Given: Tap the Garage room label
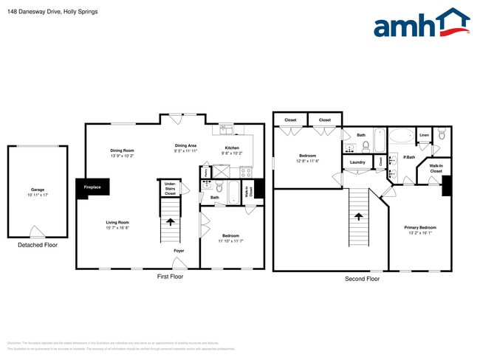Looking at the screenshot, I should click(37, 190).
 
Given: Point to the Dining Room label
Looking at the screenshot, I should click(122, 150).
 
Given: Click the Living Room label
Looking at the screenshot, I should click(117, 222).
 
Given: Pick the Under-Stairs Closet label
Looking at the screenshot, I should click(170, 188).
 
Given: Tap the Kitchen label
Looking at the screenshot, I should click(232, 148).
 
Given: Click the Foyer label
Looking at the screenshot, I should click(179, 252).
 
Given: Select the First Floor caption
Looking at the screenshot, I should click(170, 277).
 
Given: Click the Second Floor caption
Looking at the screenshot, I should click(362, 279).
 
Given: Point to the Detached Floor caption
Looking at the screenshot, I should click(37, 244).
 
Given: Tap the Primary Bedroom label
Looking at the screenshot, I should click(419, 227).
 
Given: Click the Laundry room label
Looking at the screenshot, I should click(358, 162).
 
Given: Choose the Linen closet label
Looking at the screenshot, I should click(424, 136).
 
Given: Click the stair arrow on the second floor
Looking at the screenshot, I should click(358, 216).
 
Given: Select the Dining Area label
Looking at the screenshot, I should click(185, 145).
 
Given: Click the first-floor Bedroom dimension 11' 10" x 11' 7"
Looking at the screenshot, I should click(230, 241).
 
